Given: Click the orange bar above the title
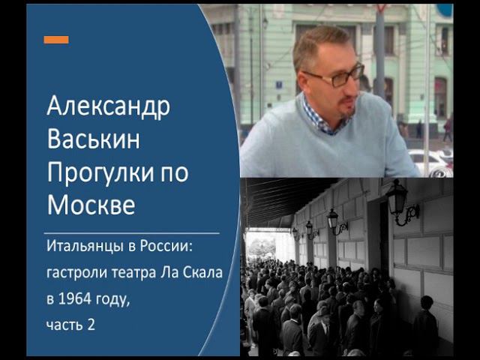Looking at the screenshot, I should [x=55, y=40].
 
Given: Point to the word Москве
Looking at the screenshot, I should [x=91, y=204].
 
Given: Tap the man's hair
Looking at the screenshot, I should [x=319, y=45].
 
